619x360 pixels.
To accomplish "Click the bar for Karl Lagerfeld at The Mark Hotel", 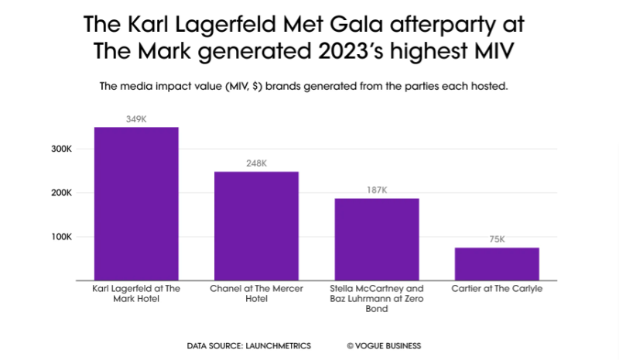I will click(136, 203).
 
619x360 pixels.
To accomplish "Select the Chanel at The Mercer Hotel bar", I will click(256, 225).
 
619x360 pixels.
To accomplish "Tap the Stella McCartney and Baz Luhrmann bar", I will click(377, 238).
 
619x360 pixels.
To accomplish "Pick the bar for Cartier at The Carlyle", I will click(497, 263).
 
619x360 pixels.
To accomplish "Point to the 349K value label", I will click(136, 119).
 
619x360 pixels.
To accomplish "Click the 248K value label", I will click(256, 163).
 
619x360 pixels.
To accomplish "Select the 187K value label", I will click(377, 190).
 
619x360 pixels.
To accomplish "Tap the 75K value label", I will click(497, 239).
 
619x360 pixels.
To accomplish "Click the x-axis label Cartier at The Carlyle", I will click(497, 289).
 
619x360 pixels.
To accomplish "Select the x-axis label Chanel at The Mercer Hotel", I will click(256, 293).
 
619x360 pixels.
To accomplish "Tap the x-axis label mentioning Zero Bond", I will click(377, 298).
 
